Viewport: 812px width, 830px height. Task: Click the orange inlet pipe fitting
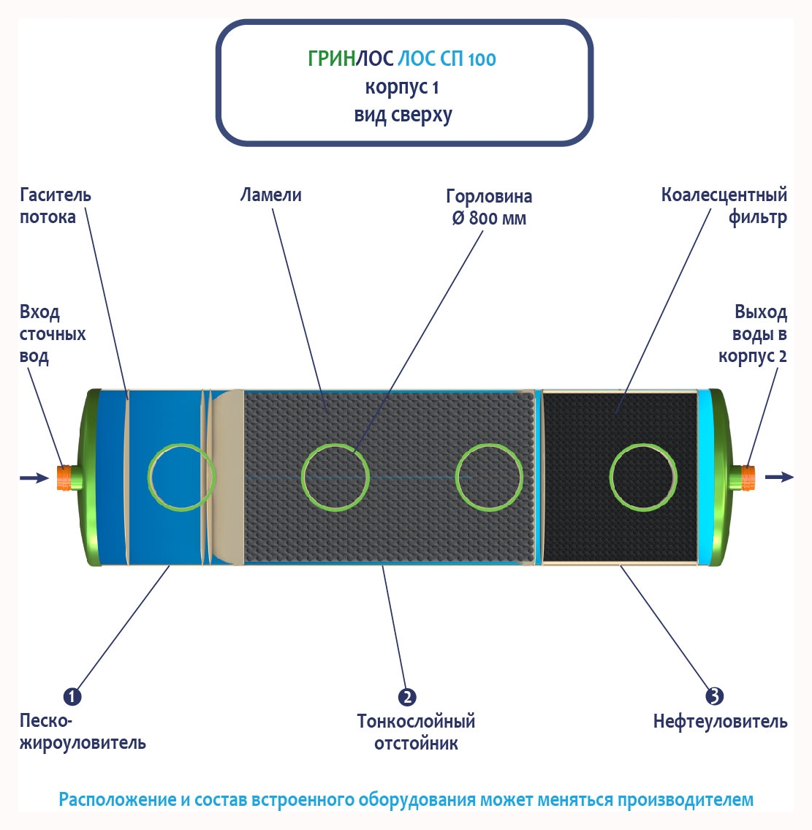(x=64, y=477)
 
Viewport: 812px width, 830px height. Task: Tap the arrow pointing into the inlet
(x=34, y=478)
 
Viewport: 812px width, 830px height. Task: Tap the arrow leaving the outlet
(x=779, y=477)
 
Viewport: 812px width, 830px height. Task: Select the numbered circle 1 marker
(x=72, y=696)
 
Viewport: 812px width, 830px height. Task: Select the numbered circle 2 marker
(x=407, y=697)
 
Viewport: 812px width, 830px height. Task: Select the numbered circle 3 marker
(x=714, y=695)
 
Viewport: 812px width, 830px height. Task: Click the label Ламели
(x=270, y=195)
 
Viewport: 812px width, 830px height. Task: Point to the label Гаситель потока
(x=55, y=206)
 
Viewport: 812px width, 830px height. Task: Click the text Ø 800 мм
(x=488, y=219)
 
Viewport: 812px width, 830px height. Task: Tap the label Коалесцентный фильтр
(x=724, y=206)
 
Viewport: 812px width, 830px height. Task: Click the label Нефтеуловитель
(x=720, y=723)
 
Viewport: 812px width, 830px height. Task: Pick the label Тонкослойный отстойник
(x=416, y=733)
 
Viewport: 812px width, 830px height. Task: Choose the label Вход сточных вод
(x=52, y=334)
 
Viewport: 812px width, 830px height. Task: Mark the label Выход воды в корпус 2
(x=753, y=334)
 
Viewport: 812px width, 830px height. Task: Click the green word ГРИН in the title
(x=331, y=59)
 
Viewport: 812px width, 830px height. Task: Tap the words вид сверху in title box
(x=403, y=116)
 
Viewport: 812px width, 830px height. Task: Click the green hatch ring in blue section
(x=181, y=477)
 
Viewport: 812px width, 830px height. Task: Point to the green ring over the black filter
(x=642, y=477)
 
